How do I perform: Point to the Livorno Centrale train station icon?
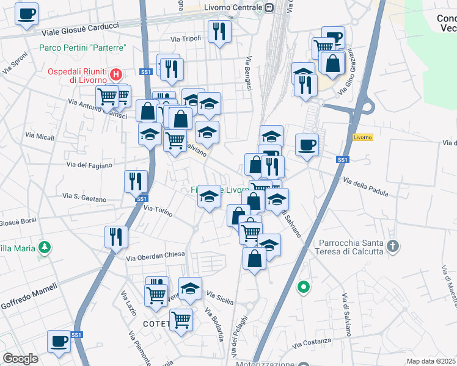269,7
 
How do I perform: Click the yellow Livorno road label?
362,137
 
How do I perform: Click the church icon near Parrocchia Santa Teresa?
392,246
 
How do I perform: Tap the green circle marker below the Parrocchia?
303,286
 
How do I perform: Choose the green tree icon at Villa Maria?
43,247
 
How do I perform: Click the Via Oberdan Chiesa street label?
155,256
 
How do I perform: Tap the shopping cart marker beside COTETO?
181,319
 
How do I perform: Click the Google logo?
20,359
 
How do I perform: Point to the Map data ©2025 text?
431,361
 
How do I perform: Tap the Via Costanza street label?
311,341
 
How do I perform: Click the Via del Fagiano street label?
89,165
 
